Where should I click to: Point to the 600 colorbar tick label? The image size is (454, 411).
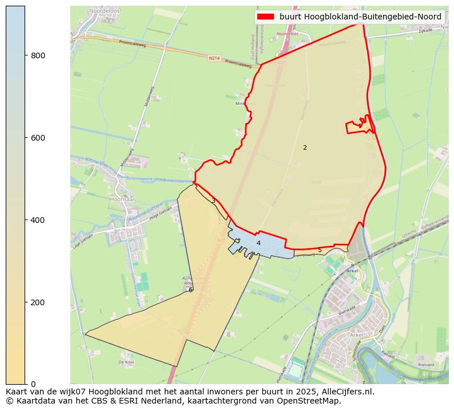pos(38,138)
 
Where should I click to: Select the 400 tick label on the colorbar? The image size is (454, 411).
pos(38,220)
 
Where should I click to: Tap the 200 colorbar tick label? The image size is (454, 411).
pos(38,302)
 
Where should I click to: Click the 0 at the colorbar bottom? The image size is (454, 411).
pos(33,384)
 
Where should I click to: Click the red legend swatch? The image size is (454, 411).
pos(266,17)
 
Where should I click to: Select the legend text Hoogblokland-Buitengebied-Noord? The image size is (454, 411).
pos(360,17)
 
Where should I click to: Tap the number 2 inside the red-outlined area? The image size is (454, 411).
pos(305,147)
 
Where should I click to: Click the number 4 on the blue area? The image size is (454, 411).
pos(258,243)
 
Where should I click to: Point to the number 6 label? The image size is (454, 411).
pos(190,290)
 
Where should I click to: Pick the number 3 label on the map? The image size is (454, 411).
pos(213,201)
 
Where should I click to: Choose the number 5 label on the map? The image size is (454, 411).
pos(320,250)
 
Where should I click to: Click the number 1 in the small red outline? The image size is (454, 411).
pos(360,125)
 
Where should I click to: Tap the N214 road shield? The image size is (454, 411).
pos(214,58)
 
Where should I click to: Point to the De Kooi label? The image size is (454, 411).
pos(126,362)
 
